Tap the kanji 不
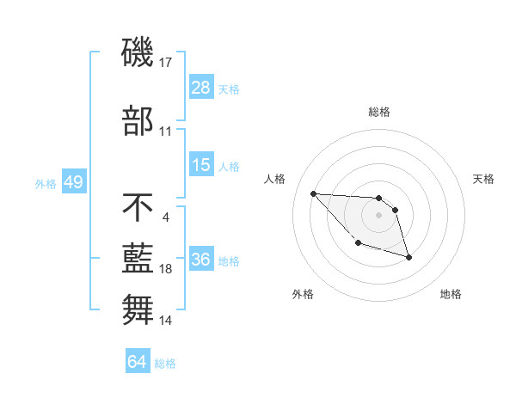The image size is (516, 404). point(138,207)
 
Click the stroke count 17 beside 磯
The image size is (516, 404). point(166,62)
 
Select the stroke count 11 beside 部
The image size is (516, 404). point(166,132)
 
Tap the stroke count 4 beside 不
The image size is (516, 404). point(166,216)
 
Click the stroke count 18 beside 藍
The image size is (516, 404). point(166,269)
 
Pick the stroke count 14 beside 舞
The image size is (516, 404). point(166,321)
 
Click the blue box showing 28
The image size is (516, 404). point(201,88)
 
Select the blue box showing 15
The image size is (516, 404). point(201,165)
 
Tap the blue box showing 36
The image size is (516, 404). point(201,260)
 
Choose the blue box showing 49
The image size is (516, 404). point(73,183)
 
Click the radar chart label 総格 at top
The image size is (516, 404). point(379,113)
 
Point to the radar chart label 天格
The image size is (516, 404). point(484,179)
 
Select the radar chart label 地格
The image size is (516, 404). point(451,295)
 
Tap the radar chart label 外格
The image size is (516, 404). point(303,295)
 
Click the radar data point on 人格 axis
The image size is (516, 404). point(313,193)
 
